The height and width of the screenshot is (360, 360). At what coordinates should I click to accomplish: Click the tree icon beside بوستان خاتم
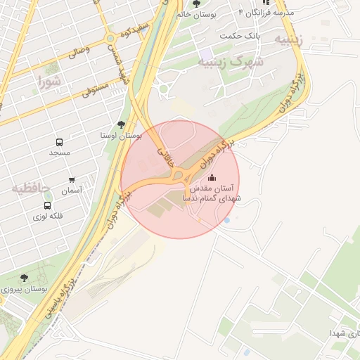pos(196,4)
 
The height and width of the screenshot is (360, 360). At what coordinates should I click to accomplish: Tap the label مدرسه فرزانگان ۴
pos(266,13)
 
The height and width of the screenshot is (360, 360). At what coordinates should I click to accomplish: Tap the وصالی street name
pos(78,51)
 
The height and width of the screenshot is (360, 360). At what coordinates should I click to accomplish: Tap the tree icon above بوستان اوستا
pos(121,124)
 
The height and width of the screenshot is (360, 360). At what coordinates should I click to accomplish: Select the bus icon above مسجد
pos(59,141)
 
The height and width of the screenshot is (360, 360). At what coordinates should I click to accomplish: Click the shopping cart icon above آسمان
pos(71,180)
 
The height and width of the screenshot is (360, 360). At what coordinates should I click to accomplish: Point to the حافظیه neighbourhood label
pos(30,188)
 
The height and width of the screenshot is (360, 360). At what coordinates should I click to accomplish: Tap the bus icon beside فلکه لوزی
pos(47,205)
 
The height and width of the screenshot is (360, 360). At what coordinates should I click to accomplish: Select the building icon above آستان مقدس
pos(212,177)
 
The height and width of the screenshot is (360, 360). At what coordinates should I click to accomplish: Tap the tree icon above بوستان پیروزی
pos(24,278)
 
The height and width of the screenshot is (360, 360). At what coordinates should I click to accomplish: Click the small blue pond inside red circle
pos(226,220)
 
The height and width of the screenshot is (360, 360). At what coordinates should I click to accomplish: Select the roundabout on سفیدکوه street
pos(110,38)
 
